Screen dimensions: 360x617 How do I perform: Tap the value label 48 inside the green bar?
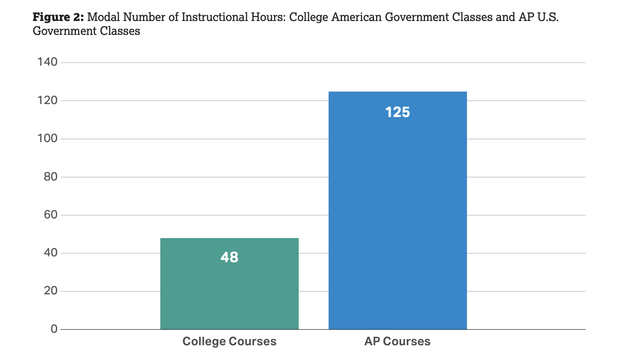(x=229, y=257)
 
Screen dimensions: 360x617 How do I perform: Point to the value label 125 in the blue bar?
(x=397, y=112)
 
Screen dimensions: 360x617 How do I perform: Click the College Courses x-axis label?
(x=229, y=342)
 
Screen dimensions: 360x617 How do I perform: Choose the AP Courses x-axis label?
(x=397, y=342)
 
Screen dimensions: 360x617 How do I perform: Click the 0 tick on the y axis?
(x=54, y=329)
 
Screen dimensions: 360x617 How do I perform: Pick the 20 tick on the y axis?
(x=51, y=291)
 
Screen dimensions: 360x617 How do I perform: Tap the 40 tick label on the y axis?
(x=51, y=253)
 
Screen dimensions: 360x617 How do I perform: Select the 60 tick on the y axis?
(x=51, y=215)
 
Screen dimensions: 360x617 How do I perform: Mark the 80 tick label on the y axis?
(x=51, y=177)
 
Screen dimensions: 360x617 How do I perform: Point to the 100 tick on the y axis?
(x=48, y=138)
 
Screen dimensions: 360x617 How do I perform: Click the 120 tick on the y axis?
(x=48, y=100)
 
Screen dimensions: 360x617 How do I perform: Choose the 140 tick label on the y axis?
(x=48, y=62)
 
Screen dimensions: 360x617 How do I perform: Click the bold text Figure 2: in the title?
(x=58, y=18)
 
